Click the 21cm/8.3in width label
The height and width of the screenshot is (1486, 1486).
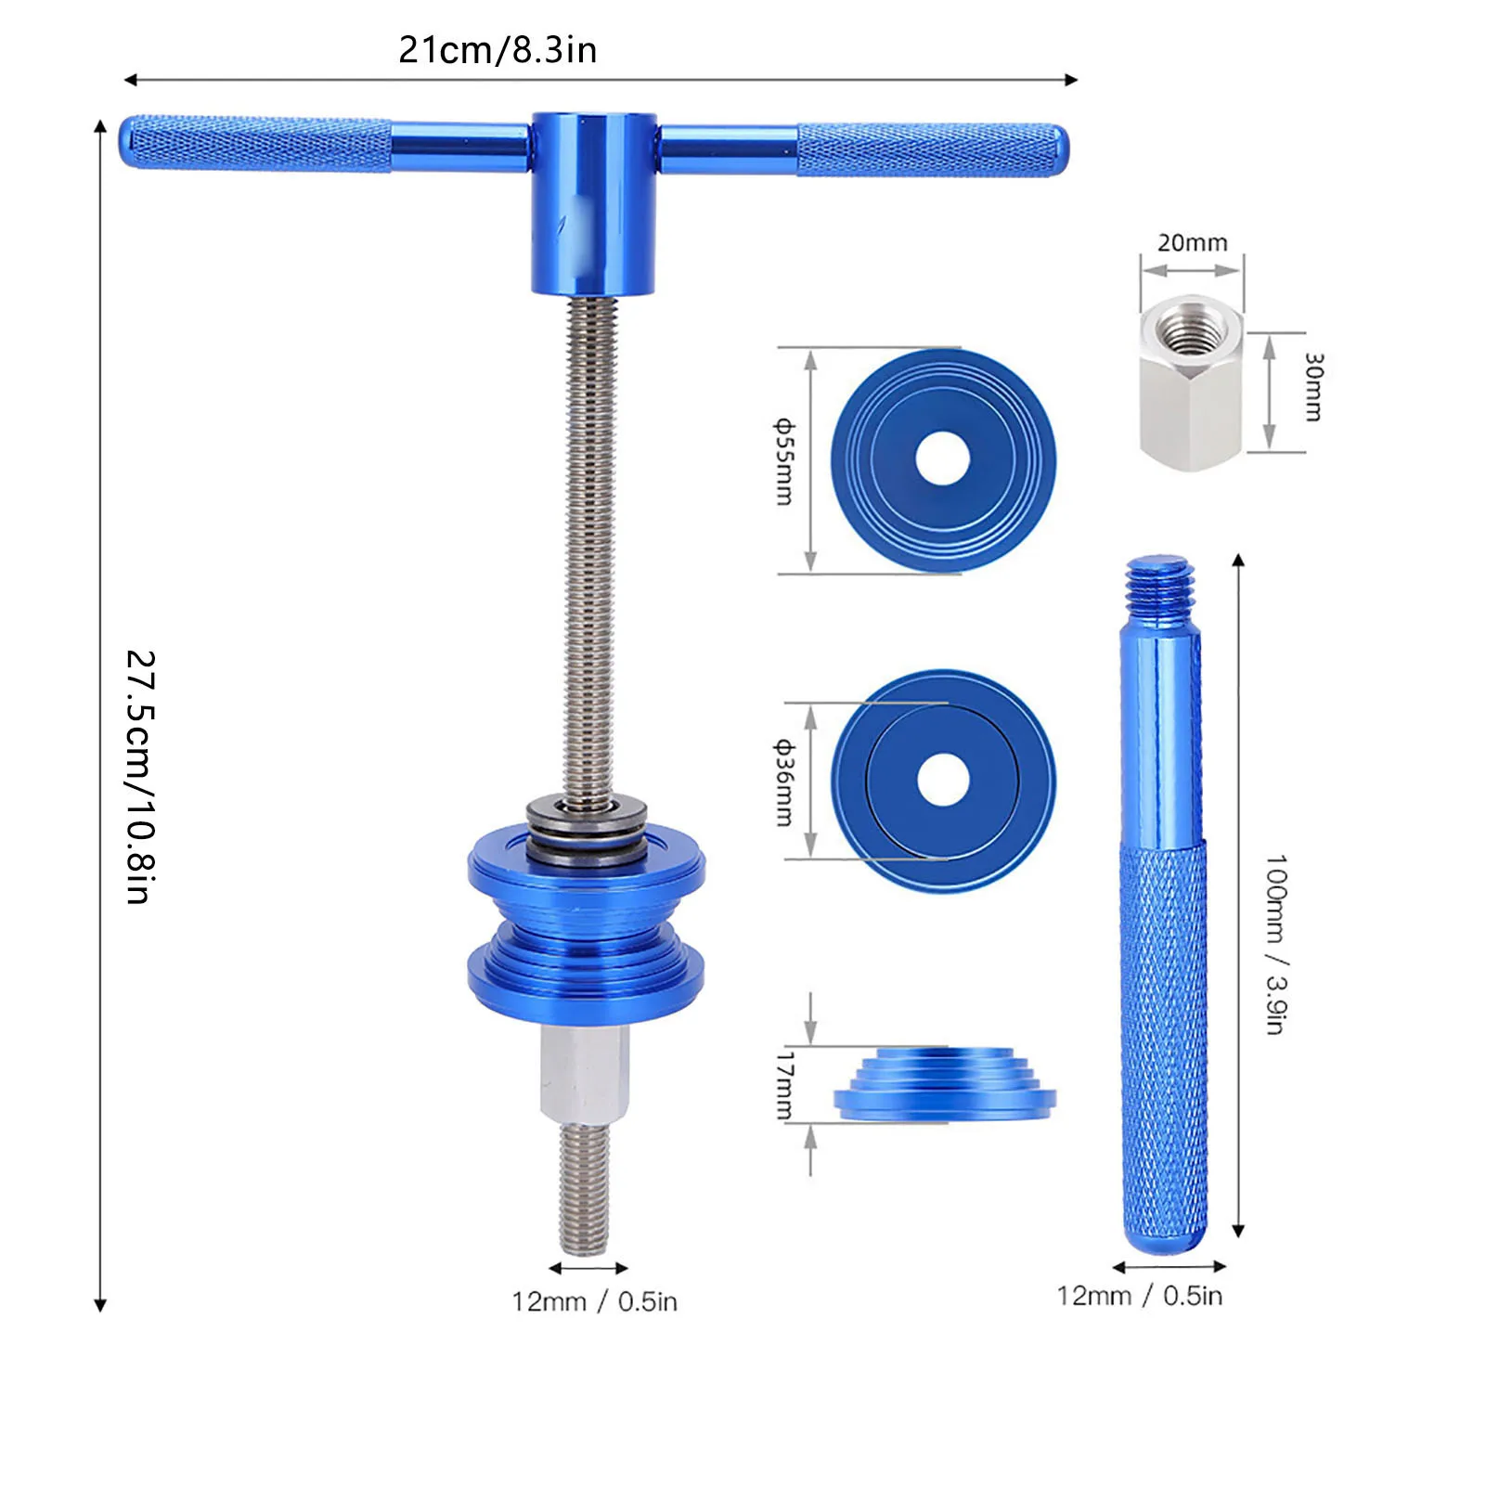497,50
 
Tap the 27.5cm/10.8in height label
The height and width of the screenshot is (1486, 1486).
140,777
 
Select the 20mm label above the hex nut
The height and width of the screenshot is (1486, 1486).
1192,243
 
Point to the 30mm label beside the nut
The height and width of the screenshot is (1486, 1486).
1312,387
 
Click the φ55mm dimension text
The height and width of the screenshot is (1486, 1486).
784,461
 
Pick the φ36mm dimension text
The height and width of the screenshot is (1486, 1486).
784,782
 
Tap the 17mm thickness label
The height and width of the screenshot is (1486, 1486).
784,1084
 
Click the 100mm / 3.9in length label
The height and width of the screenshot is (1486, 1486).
1277,945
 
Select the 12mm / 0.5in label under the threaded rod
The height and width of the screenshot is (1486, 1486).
594,1301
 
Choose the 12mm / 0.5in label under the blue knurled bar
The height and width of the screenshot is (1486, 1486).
1139,1296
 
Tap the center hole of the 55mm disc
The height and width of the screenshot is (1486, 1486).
942,459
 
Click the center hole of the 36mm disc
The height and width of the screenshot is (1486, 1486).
943,780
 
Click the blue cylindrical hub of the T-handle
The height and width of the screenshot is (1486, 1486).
593,202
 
